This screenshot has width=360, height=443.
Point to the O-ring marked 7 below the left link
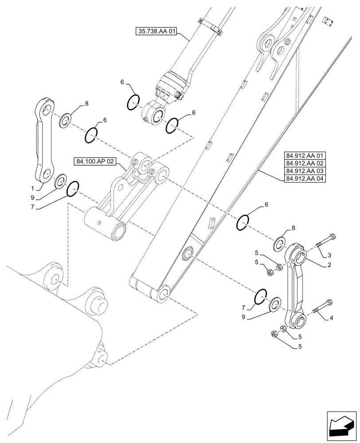tap(73, 189)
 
